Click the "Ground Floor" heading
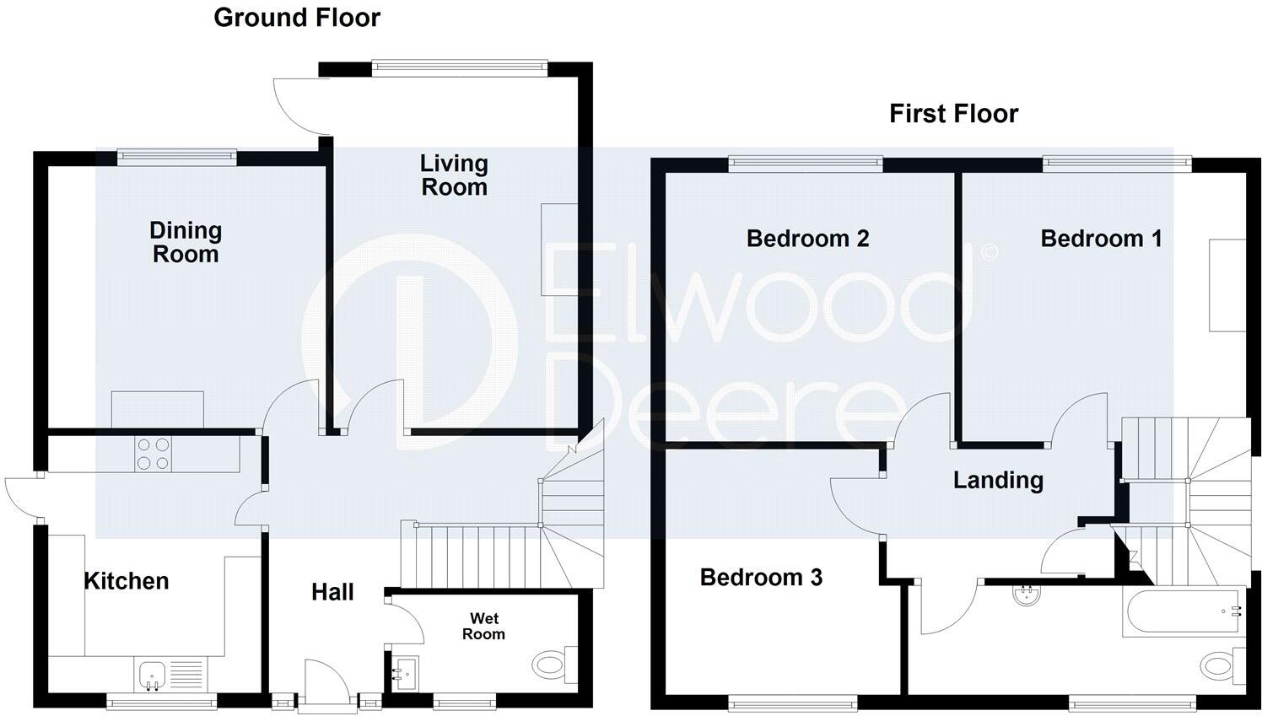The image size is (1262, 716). [x=297, y=18]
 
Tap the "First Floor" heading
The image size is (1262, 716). [x=953, y=114]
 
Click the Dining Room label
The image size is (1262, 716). [x=186, y=242]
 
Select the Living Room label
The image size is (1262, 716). [x=454, y=175]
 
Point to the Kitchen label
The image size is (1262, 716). [x=127, y=581]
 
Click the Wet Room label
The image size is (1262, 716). [x=483, y=627]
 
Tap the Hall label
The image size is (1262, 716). [x=332, y=592]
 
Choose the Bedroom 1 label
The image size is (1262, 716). [x=1101, y=239]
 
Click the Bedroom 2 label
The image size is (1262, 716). [x=807, y=239]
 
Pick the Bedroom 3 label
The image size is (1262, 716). [x=761, y=578]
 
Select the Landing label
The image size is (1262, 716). [x=998, y=481]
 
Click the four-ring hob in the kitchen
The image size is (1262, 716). [x=153, y=454]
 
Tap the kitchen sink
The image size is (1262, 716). [x=153, y=675]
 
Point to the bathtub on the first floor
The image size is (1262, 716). [x=1181, y=613]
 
